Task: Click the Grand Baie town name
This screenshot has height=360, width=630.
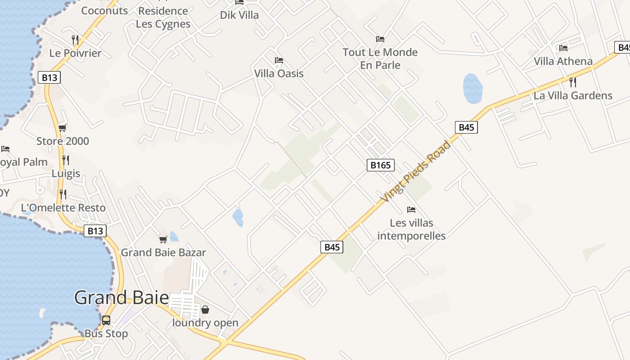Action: click(121, 298)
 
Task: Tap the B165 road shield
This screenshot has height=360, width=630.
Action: click(380, 165)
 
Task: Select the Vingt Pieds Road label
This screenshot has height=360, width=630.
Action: click(415, 171)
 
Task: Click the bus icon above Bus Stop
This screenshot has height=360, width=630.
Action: click(106, 320)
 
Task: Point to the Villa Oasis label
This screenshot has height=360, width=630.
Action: click(279, 73)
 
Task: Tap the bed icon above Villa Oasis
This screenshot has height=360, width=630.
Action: click(279, 60)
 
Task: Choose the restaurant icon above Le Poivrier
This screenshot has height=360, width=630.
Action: click(75, 40)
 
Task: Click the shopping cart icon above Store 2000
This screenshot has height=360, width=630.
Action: click(63, 128)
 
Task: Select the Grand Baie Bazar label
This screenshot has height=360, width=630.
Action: click(163, 252)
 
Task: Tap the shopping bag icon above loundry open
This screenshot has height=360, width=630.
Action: click(205, 310)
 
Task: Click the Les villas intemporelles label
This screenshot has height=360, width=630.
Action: click(411, 229)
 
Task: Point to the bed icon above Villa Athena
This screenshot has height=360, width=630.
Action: click(563, 48)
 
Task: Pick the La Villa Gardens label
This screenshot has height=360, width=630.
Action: click(573, 95)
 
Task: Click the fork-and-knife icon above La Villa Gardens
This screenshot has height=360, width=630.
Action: click(573, 82)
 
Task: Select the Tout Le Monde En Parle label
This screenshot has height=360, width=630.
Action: click(380, 58)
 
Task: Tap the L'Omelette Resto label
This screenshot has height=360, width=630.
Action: click(63, 207)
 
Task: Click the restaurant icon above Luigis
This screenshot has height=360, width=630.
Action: click(66, 160)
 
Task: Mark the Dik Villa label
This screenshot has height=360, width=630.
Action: click(239, 15)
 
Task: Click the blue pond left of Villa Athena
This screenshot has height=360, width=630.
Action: click(472, 88)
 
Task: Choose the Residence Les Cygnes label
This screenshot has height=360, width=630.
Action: click(163, 17)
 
